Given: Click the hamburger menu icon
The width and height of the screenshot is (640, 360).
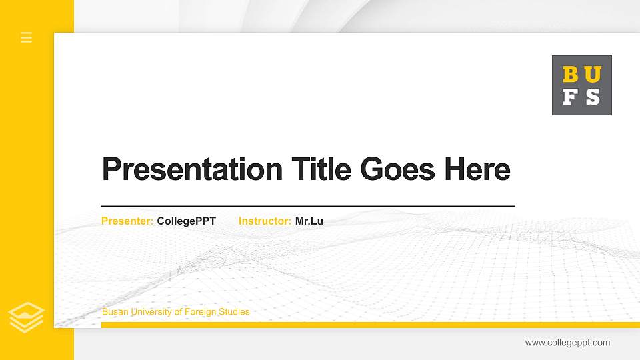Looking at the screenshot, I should click(27, 37).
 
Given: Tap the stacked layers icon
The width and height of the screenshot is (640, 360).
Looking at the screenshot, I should click(27, 317).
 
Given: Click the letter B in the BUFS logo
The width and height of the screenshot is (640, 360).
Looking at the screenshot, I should click(571, 75).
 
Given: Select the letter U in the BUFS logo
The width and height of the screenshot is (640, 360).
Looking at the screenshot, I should click(592, 75).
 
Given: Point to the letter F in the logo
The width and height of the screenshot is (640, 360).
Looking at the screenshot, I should click(571, 97).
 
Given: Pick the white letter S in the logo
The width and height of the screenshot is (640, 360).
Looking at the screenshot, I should click(592, 97).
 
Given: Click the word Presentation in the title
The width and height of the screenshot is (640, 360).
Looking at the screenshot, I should click(192, 169).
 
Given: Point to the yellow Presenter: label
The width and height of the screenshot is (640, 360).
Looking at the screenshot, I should click(127, 221).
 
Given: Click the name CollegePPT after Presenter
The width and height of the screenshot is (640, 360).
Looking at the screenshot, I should click(187, 221).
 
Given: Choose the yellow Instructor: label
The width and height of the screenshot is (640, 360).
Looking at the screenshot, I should click(265, 221).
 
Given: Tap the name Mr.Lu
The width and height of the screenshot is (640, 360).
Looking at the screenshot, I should click(309, 221).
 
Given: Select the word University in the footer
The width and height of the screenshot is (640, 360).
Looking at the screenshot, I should click(149, 312).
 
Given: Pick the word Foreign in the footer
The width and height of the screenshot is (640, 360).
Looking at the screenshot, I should click(201, 312).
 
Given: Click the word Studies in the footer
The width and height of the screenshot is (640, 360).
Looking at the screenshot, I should click(234, 312).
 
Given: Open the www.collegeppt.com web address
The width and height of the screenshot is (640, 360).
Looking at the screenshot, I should click(567, 343).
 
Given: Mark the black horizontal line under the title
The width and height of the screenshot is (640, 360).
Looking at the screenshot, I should click(307, 207).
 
